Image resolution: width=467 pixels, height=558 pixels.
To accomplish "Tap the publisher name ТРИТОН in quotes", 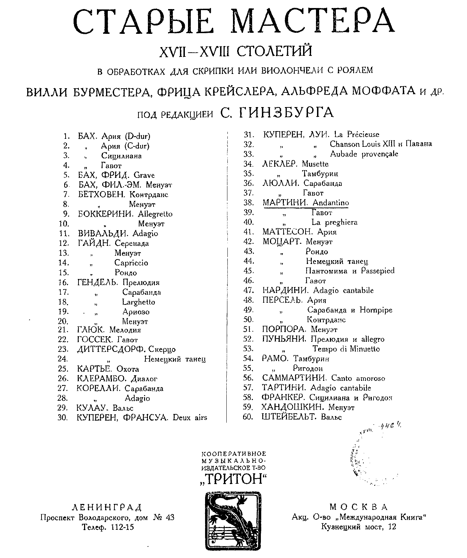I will tap(234, 479).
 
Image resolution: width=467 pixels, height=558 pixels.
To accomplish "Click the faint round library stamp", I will tap(370, 453).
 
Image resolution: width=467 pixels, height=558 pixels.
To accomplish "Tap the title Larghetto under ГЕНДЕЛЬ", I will tap(138, 302).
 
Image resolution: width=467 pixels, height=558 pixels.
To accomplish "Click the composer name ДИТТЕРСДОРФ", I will tap(111, 349).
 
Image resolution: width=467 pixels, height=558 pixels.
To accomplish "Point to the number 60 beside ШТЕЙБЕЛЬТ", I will tap(248, 417).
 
